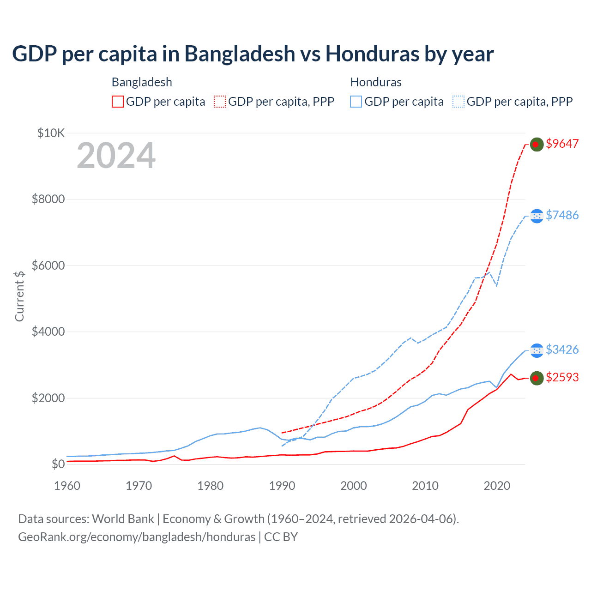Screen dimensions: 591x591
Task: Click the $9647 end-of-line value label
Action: [x=562, y=144]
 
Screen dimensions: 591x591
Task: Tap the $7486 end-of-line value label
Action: [x=562, y=215]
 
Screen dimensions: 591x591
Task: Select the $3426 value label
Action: [x=562, y=350]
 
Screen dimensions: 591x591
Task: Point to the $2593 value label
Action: [x=562, y=377]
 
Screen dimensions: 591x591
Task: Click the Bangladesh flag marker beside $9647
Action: [x=537, y=145]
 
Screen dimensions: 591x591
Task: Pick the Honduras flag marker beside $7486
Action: [x=537, y=216]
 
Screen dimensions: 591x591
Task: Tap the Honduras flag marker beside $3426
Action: [x=537, y=350]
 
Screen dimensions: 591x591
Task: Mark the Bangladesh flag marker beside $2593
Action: [x=537, y=378]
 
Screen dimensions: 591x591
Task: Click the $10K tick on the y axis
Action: [x=51, y=133]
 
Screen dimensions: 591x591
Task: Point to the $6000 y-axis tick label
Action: [x=48, y=265]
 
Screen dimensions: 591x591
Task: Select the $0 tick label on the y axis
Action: [x=58, y=464]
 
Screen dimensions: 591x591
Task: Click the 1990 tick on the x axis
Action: [x=282, y=486]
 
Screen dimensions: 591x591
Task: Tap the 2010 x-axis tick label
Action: [x=425, y=486]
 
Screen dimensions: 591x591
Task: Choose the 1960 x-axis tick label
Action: [x=67, y=486]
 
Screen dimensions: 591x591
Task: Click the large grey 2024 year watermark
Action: [x=116, y=156]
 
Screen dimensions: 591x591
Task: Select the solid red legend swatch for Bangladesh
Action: [x=118, y=102]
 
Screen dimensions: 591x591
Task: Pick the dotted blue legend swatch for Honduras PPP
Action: [x=458, y=102]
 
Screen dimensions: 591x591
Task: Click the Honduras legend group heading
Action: [x=376, y=82]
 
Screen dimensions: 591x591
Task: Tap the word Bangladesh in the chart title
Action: [x=240, y=54]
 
